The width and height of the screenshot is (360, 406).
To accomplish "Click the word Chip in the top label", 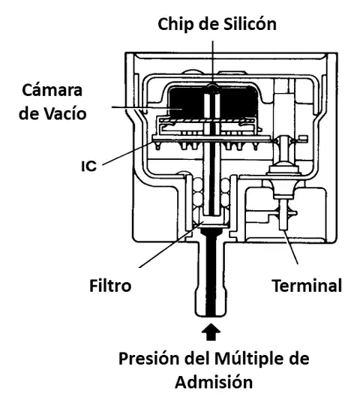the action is tap(176, 24).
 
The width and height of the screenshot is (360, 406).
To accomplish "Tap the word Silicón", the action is tap(250, 24).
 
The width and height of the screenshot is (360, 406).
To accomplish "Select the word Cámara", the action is tap(52, 90).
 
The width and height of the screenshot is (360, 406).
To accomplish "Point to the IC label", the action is tap(88, 166).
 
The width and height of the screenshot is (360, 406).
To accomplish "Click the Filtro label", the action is tap(110, 286).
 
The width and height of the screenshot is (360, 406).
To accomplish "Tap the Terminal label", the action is tap(307, 286).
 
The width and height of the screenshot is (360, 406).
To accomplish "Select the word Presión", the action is tap(148, 359).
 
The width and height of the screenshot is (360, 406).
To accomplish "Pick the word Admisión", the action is tap(214, 382).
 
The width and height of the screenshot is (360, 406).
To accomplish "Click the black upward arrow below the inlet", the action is tap(211, 332).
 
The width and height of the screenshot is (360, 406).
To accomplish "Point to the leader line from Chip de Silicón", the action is tap(213, 63).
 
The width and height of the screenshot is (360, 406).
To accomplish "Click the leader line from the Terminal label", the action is tap(291, 247).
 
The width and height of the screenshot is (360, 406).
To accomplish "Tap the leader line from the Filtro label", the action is tap(171, 245).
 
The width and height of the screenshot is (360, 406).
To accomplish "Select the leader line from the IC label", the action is tap(128, 153).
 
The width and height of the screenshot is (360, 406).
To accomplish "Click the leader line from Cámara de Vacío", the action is tap(147, 108).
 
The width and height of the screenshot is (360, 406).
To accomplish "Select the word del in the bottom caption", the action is tap(196, 359).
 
